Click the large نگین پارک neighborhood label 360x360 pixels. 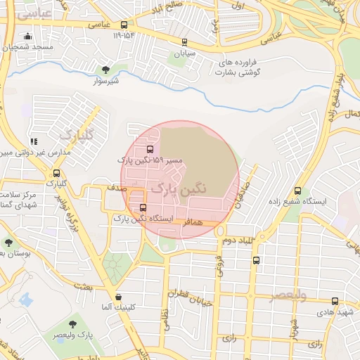180,189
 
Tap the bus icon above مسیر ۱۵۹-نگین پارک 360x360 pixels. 150,149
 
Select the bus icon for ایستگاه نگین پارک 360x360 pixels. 143,207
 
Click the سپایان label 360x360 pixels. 190,53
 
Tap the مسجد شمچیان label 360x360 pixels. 27,47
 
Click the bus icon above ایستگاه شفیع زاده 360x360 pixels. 298,191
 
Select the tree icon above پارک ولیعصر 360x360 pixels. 73,323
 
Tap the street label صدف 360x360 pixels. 117,188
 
